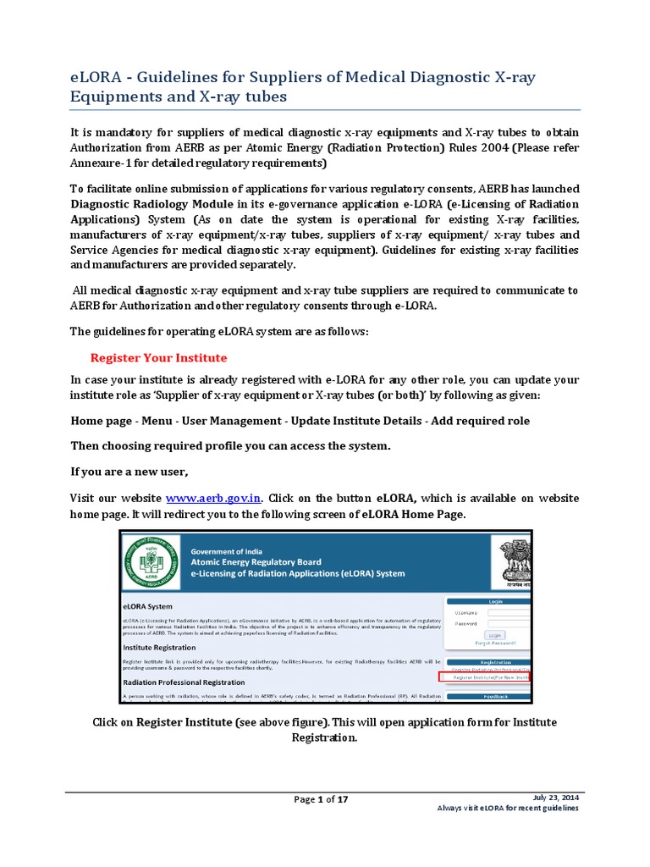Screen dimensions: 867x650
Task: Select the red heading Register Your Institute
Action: click(158, 357)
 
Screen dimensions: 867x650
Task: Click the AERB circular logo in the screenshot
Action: click(150, 562)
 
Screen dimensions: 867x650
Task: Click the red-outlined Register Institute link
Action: click(486, 677)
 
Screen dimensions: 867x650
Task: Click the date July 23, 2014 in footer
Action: click(556, 798)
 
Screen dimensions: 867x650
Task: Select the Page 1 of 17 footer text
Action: click(321, 799)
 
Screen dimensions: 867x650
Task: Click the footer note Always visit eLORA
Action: click(507, 809)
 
